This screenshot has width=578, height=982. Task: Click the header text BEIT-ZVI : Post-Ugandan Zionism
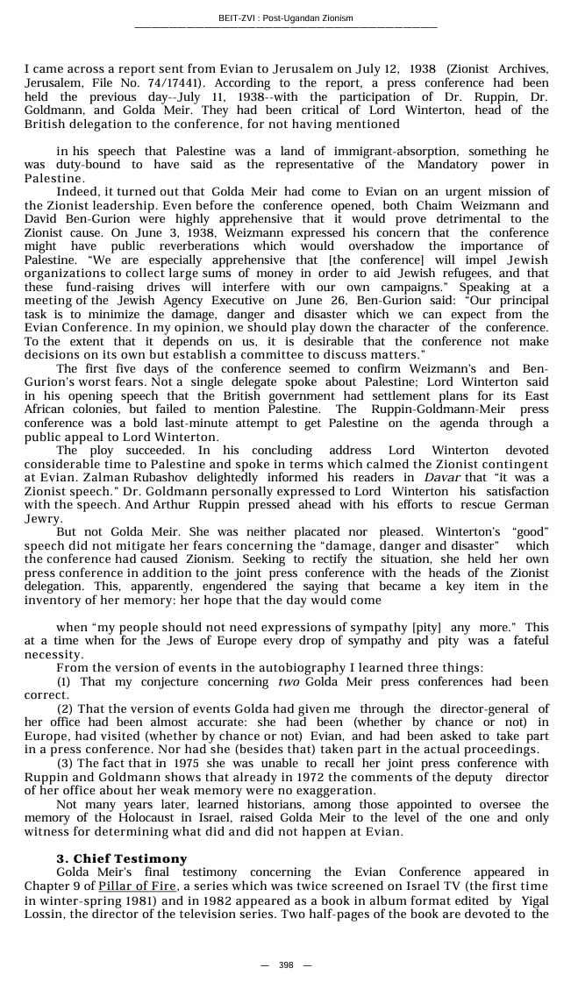[286, 18]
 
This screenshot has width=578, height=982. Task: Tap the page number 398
[286, 965]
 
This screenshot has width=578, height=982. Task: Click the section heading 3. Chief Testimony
[122, 858]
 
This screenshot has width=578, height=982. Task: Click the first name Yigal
[531, 900]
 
